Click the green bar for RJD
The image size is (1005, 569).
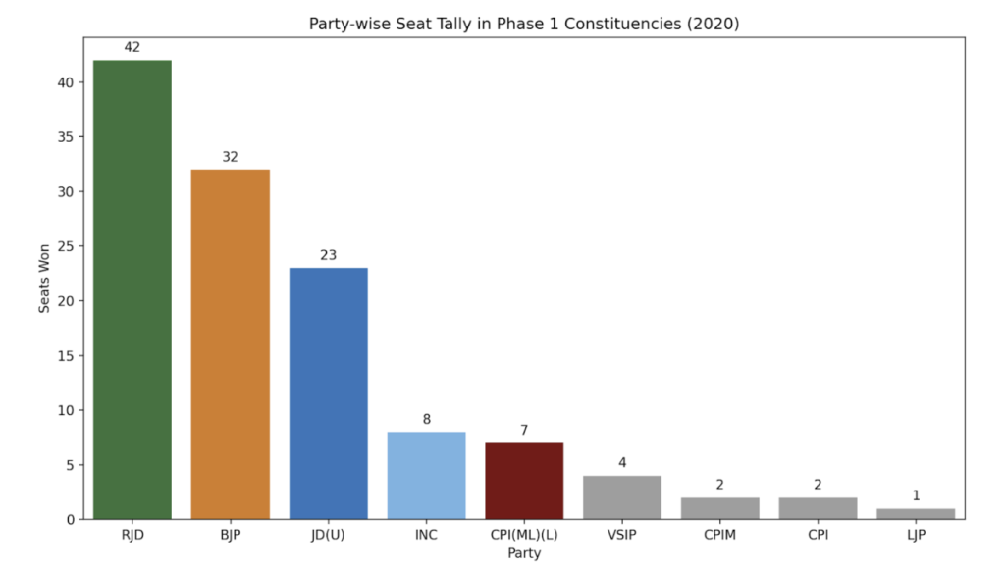coord(132,289)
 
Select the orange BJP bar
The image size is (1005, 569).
coord(230,343)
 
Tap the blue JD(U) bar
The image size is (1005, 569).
coord(328,392)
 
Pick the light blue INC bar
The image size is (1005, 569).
coord(426,475)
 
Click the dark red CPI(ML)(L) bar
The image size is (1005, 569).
coord(524,481)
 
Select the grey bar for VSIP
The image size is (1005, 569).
coord(622,497)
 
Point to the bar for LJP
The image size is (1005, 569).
coord(916,513)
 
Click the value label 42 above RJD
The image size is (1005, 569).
coord(132,47)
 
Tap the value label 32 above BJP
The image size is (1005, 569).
coord(230,157)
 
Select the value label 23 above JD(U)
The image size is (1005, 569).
coord(328,255)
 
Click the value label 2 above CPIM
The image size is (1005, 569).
coord(720,484)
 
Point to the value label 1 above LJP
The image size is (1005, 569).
coord(916,495)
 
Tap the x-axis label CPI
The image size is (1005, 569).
coord(818,535)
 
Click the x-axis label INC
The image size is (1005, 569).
coord(426,535)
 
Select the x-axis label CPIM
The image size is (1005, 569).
coord(720,535)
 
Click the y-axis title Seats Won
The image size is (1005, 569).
coord(44,278)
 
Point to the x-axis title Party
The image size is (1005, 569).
coord(524,553)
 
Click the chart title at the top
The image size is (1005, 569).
coord(524,23)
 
